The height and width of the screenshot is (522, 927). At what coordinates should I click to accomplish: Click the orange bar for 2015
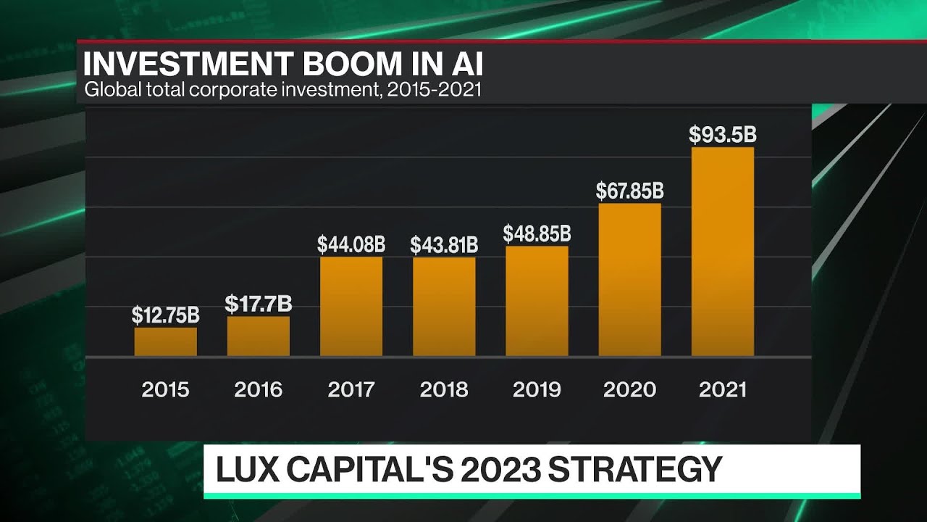(x=165, y=341)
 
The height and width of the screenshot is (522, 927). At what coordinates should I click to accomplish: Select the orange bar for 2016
(x=258, y=336)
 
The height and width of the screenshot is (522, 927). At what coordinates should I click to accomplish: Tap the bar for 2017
(x=351, y=306)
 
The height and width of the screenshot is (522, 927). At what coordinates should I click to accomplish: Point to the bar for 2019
(x=537, y=301)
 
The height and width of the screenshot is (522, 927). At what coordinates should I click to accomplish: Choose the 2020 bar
(x=629, y=279)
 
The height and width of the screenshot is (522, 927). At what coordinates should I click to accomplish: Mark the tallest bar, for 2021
(x=723, y=252)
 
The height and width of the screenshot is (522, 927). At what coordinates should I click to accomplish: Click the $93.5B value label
(x=723, y=135)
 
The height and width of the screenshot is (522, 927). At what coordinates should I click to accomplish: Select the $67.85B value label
(x=629, y=191)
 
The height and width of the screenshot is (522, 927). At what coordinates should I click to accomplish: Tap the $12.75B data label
(x=165, y=315)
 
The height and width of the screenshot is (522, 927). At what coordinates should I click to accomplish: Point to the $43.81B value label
(x=444, y=245)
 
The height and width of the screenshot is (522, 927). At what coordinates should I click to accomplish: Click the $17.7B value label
(x=258, y=304)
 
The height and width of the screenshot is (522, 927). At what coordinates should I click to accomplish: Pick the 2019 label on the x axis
(x=537, y=389)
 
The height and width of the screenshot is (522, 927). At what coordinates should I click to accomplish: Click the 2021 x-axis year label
(x=723, y=389)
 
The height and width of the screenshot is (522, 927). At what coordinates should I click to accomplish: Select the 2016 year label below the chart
(x=258, y=389)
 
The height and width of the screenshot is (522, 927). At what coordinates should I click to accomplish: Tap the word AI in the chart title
(x=464, y=65)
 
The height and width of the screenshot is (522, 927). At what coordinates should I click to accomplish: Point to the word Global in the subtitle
(x=108, y=91)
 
